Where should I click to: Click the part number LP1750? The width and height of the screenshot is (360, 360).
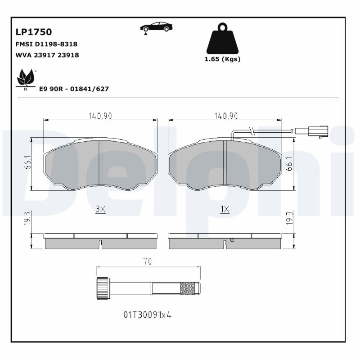(34, 32)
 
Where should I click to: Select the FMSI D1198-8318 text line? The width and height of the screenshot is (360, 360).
(46, 44)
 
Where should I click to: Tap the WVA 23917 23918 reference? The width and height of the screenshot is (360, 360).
(47, 55)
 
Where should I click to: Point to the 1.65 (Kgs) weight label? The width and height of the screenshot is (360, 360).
(223, 59)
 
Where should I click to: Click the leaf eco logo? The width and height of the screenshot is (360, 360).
(26, 79)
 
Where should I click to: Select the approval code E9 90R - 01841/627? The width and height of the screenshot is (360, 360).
(74, 89)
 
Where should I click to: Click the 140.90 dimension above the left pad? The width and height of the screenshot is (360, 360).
(100, 116)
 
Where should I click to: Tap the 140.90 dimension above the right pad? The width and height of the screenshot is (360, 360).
(225, 116)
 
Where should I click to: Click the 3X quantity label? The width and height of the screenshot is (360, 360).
(100, 209)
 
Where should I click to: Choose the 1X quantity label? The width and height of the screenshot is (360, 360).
(225, 209)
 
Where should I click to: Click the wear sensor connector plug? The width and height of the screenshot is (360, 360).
(317, 131)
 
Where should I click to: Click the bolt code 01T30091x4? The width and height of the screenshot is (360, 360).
(148, 315)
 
